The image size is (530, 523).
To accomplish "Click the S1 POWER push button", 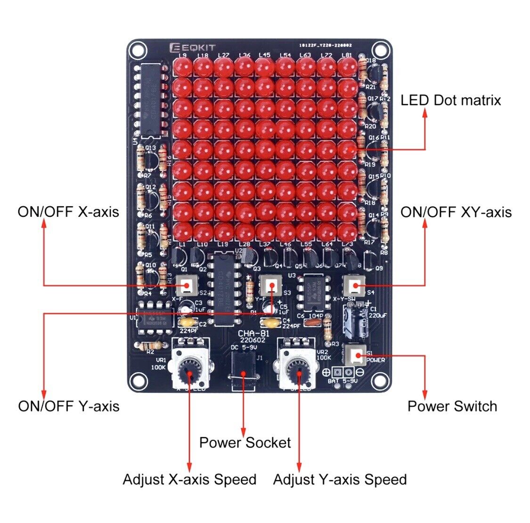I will coord(355,355).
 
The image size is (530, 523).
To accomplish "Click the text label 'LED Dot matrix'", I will coord(450,100).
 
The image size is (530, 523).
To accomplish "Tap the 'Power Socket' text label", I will coord(245,442).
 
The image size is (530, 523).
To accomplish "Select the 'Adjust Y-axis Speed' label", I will coord(340,480).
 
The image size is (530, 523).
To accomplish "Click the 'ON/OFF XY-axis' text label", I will coord(456,212).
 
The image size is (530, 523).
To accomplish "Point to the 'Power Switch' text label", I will coord(452,406).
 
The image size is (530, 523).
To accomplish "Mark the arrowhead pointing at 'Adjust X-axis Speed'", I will coord(190,466).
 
